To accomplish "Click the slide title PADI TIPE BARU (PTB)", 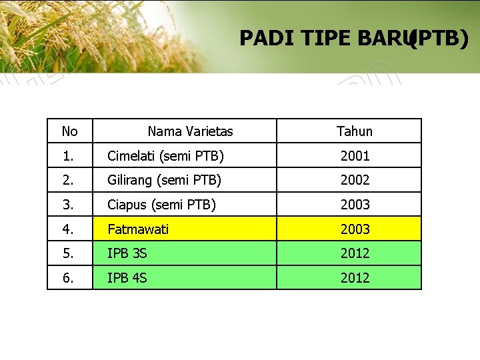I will click(x=353, y=39).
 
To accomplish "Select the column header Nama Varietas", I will click(x=190, y=131).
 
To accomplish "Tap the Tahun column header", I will click(x=355, y=131).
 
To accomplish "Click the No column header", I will click(x=69, y=131).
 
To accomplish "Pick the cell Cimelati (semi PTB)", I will click(x=165, y=156).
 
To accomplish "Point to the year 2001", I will click(x=355, y=156).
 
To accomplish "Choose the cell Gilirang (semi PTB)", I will click(x=164, y=180).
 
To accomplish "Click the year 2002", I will click(x=355, y=180).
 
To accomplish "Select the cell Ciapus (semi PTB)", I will click(x=161, y=205).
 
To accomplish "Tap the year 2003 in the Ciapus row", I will click(x=355, y=205).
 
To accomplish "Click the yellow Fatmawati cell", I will click(x=138, y=229).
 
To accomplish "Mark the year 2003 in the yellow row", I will click(x=355, y=229).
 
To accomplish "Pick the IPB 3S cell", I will click(x=127, y=253).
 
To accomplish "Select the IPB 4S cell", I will click(x=127, y=278).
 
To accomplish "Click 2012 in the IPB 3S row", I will click(x=355, y=253).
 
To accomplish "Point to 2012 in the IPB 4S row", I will click(x=355, y=278).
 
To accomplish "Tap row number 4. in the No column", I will click(x=69, y=229).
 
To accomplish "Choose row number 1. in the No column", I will click(x=69, y=156).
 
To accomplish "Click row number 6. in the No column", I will click(x=69, y=278).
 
